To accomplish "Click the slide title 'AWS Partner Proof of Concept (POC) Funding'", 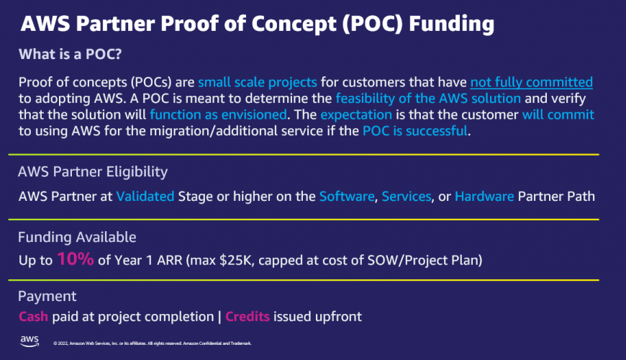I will [x=258, y=24].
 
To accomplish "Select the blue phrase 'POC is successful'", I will [x=419, y=131].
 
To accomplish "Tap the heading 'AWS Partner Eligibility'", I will [x=93, y=172].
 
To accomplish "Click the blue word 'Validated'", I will [x=145, y=197].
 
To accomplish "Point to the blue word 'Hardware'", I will [x=484, y=197].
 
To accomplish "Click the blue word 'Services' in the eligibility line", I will [x=407, y=197].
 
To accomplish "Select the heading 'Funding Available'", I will [x=77, y=237].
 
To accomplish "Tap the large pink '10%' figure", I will [x=75, y=259].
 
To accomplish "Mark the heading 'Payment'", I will [x=47, y=296].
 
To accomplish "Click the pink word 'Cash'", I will [x=34, y=317].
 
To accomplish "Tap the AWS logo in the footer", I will [x=30, y=341].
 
